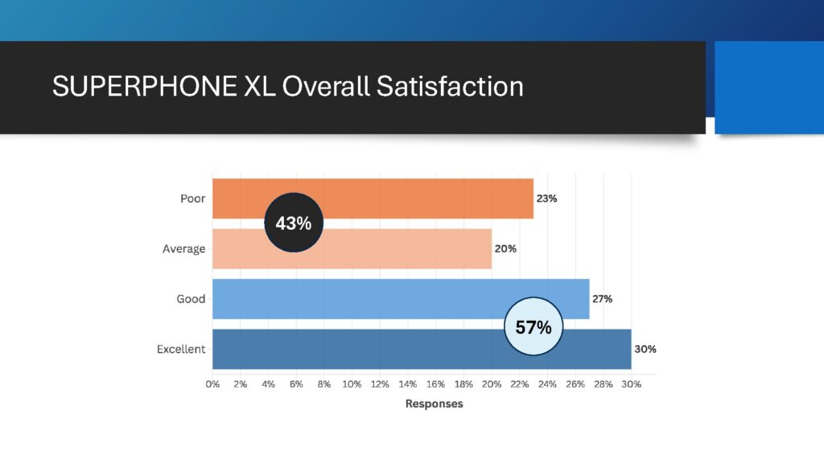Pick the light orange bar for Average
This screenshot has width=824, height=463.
pyautogui.click(x=402, y=249)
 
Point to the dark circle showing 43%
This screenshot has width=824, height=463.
pyautogui.click(x=294, y=223)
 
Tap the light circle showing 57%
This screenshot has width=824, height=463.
pyautogui.click(x=533, y=327)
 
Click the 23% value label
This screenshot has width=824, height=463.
pyautogui.click(x=547, y=199)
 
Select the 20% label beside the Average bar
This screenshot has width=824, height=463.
pyautogui.click(x=505, y=249)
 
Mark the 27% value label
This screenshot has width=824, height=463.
pyautogui.click(x=602, y=299)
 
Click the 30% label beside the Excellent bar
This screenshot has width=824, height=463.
pyautogui.click(x=645, y=350)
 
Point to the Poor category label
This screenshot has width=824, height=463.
pyautogui.click(x=192, y=199)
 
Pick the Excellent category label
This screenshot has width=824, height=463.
pyautogui.click(x=181, y=350)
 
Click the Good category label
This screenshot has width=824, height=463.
pyautogui.click(x=191, y=299)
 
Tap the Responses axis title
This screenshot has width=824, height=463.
pyautogui.click(x=434, y=404)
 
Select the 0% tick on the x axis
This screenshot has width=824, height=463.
pyautogui.click(x=212, y=384)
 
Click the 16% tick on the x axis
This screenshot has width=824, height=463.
pyautogui.click(x=435, y=384)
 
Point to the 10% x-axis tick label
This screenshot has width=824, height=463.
pyautogui.click(x=352, y=384)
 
